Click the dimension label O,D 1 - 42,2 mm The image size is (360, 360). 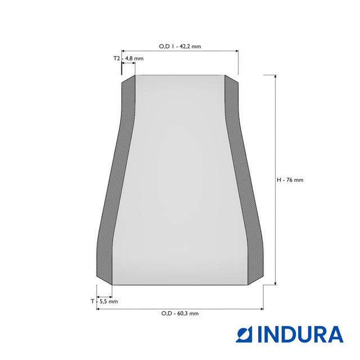[180, 46]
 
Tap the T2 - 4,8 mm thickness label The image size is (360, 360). [128, 58]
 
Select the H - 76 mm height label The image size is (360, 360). [290, 180]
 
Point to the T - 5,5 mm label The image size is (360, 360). [104, 301]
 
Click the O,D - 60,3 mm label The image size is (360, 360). [180, 313]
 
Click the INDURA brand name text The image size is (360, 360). [300, 334]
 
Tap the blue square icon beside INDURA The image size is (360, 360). [244, 334]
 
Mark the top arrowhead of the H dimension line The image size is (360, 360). [276, 76]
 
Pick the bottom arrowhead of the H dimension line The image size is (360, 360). [276, 283]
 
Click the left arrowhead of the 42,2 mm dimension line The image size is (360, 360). [123, 51]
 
